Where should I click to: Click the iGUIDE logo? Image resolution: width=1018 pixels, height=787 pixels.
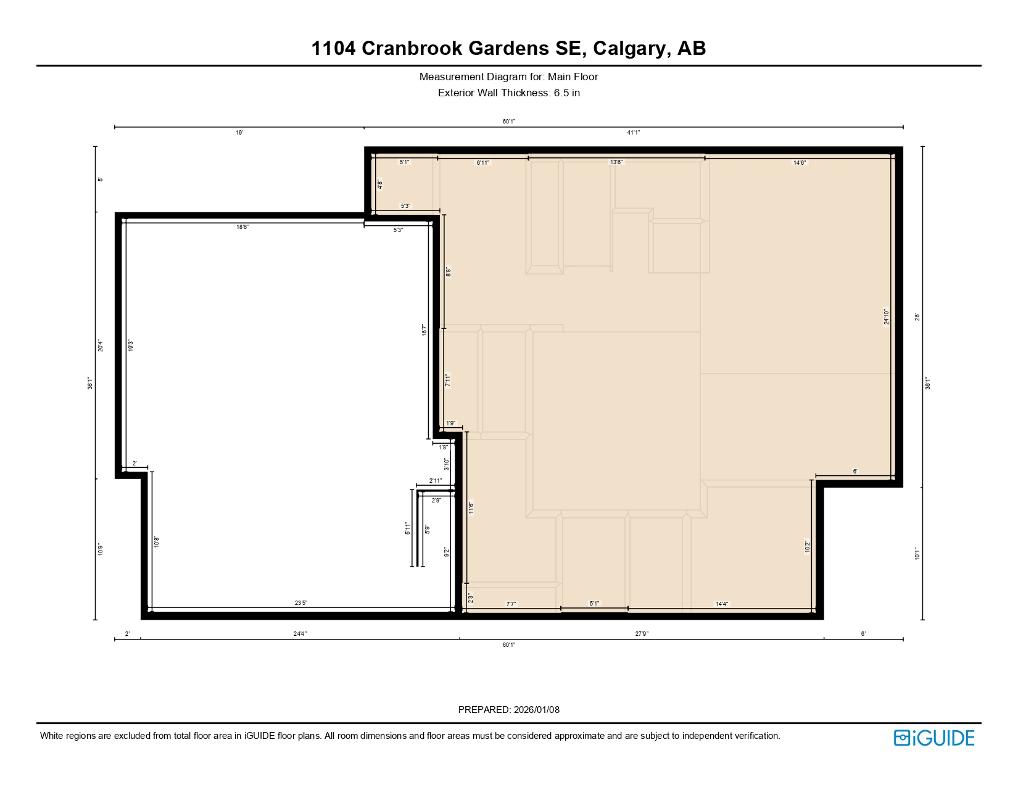[x=934, y=738]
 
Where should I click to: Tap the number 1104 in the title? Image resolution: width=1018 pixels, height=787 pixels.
[x=333, y=48]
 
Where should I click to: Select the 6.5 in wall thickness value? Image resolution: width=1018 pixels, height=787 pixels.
[x=566, y=93]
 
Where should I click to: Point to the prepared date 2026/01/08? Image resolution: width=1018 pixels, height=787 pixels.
[x=536, y=710]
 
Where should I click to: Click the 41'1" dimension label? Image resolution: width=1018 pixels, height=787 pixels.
[x=634, y=133]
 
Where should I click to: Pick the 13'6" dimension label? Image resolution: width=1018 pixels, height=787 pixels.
[x=616, y=162]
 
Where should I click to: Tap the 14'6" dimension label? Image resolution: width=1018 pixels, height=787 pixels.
[x=800, y=163]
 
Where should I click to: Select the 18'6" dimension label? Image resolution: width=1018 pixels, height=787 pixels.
[x=243, y=227]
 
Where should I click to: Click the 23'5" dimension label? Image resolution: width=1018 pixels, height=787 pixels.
[x=301, y=603]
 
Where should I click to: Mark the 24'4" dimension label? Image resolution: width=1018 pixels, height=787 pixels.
[x=300, y=634]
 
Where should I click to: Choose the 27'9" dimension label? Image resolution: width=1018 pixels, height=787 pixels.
[x=642, y=634]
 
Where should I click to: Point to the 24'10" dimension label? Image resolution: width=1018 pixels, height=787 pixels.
[x=887, y=317]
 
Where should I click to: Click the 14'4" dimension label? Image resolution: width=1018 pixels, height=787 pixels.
[x=722, y=604]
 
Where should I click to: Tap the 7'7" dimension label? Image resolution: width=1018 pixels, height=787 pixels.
[x=511, y=604]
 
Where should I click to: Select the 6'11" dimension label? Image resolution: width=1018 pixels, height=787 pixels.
[x=483, y=163]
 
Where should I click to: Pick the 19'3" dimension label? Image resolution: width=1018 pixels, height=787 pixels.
[x=130, y=346]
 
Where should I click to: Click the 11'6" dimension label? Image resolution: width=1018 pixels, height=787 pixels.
[x=471, y=507]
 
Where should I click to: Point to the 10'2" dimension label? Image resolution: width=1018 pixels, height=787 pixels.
[x=807, y=547]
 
